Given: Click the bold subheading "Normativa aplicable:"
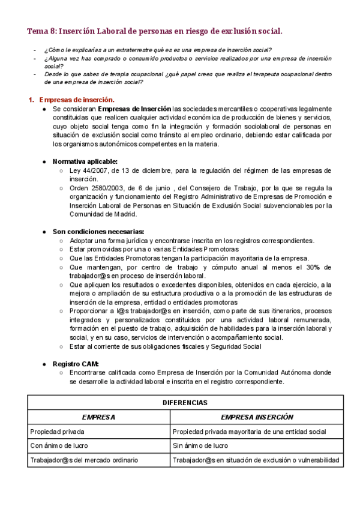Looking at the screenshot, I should pos(85,161).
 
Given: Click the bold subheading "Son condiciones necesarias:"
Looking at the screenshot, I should pos(98,232).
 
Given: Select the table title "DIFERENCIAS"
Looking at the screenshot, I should pos(185,403).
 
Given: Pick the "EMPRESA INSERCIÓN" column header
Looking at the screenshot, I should pos(257,417).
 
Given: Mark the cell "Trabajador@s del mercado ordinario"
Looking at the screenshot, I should pos(84,460).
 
